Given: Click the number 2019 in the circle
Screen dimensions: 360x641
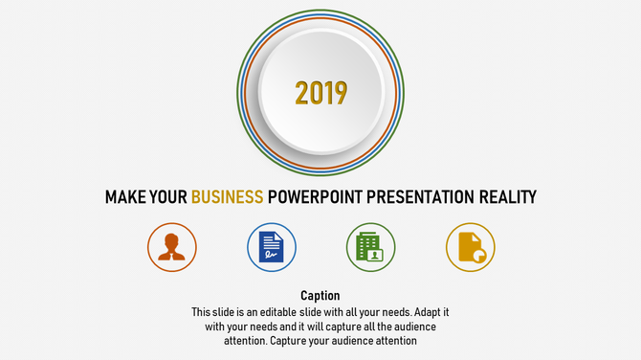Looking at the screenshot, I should tap(320, 93).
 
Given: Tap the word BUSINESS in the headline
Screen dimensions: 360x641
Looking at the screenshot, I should tap(227, 197).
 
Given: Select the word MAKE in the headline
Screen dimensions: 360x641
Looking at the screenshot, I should tap(124, 197).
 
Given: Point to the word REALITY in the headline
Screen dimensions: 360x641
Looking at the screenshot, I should tap(504, 197).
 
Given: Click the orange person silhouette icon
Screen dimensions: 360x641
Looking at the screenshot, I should tap(172, 246).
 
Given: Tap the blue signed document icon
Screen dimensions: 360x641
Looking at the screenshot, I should tap(272, 246).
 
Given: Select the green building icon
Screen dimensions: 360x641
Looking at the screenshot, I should tap(369, 246).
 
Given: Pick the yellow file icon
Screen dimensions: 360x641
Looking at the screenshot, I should tap(470, 246).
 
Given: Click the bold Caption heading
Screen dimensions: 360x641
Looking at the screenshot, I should tap(320, 296).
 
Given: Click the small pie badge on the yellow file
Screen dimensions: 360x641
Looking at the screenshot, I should tap(479, 256).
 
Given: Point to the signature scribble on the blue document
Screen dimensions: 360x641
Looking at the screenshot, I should tap(272, 255).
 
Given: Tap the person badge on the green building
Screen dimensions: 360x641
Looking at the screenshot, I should tap(376, 255).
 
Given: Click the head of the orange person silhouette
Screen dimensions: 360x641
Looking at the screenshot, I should tap(172, 239).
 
